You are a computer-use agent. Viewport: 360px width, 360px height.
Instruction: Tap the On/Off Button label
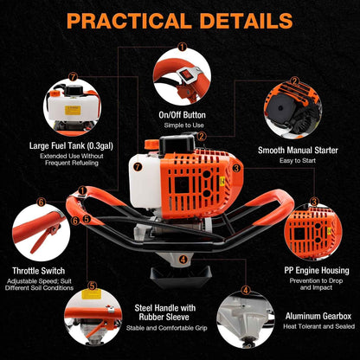coord(181,114)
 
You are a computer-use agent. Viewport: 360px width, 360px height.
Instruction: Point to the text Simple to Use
coord(181,125)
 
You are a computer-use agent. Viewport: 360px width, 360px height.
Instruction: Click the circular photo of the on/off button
coord(181,76)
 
